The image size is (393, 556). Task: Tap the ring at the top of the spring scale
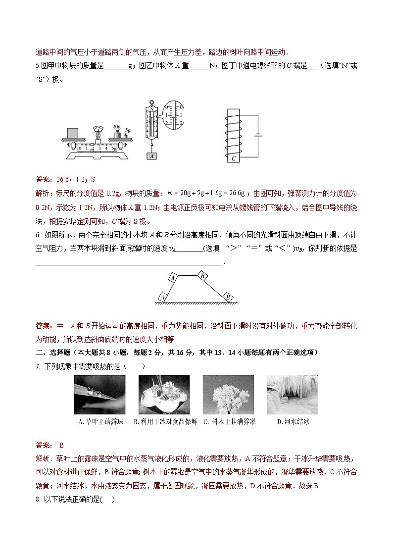[x=151, y=103]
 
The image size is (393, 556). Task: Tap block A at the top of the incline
[x=174, y=277]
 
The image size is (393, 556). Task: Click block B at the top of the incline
[x=202, y=275]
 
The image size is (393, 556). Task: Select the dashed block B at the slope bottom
[x=228, y=296]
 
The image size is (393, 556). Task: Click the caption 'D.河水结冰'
[x=293, y=422]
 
